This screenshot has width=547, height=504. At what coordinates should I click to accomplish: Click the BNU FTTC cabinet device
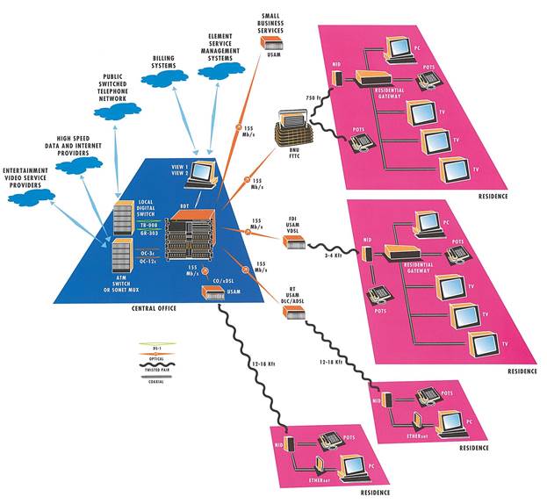pos(292,129)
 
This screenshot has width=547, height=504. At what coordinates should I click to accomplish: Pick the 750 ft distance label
pos(311,97)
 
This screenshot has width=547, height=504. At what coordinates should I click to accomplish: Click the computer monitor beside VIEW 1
pos(203,174)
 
